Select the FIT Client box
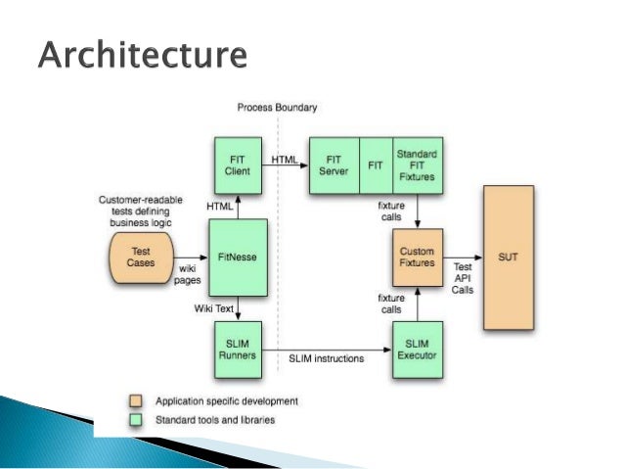(x=238, y=164)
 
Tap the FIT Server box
(x=334, y=164)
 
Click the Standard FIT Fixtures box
(x=417, y=164)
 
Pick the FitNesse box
(x=238, y=257)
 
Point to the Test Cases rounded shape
(x=141, y=257)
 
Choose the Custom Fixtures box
(x=418, y=258)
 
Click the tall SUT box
(x=509, y=258)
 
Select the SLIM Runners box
(x=238, y=351)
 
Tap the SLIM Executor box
(x=418, y=351)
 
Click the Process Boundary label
(x=277, y=107)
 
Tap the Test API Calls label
(x=462, y=278)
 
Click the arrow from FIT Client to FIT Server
(x=285, y=164)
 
